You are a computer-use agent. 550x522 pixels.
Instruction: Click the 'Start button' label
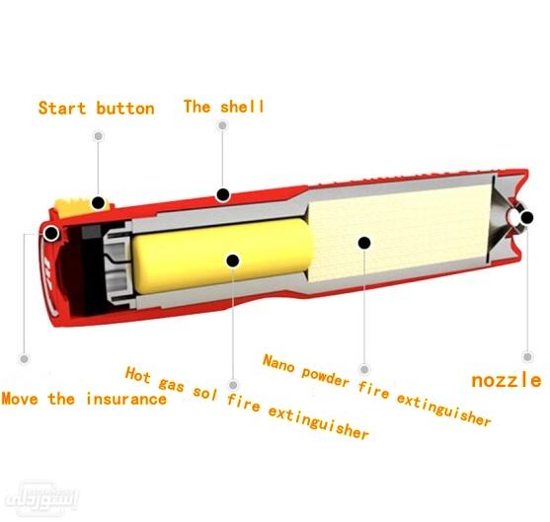pos(96,108)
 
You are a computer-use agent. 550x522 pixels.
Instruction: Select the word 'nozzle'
pos(506,379)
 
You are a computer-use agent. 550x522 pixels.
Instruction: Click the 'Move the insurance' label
pos(83,399)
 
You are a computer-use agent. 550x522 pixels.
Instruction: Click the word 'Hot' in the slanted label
pos(139,375)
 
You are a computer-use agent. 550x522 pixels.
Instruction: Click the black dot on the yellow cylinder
pos(233,260)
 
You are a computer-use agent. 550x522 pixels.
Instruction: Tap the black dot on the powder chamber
pos(364,242)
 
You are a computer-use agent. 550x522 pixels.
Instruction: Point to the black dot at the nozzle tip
pos(526,218)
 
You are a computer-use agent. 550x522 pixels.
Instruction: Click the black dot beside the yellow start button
pos(98,203)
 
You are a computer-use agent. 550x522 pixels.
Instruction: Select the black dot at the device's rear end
pos(49,234)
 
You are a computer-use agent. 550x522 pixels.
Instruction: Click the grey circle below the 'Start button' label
pos(97,137)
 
